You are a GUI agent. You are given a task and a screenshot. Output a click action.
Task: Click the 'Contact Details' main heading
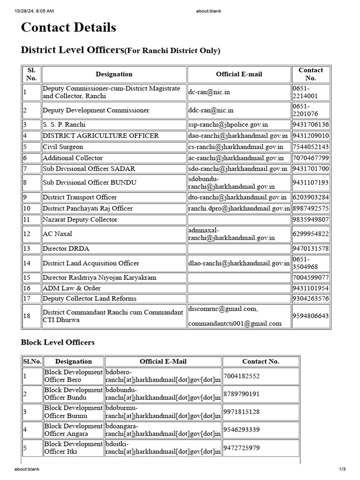[x=68, y=28]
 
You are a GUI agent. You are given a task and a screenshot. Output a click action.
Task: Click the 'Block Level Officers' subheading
[x=58, y=342]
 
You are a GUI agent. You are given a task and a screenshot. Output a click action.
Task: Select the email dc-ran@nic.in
[x=209, y=92]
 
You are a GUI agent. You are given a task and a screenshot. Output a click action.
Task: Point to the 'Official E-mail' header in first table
[x=239, y=74]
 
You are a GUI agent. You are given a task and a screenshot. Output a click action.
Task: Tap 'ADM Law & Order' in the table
[x=71, y=288]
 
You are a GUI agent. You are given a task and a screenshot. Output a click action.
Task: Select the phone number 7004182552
[x=241, y=376]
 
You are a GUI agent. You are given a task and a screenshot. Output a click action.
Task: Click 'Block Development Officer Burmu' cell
[x=73, y=412]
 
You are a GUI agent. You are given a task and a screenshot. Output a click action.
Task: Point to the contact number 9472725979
[x=241, y=448]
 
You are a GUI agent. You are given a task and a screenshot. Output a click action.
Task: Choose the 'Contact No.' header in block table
[x=261, y=361]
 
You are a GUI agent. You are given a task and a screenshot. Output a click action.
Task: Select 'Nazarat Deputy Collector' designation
[x=80, y=219]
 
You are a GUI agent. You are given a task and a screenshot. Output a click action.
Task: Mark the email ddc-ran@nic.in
[x=211, y=110]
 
